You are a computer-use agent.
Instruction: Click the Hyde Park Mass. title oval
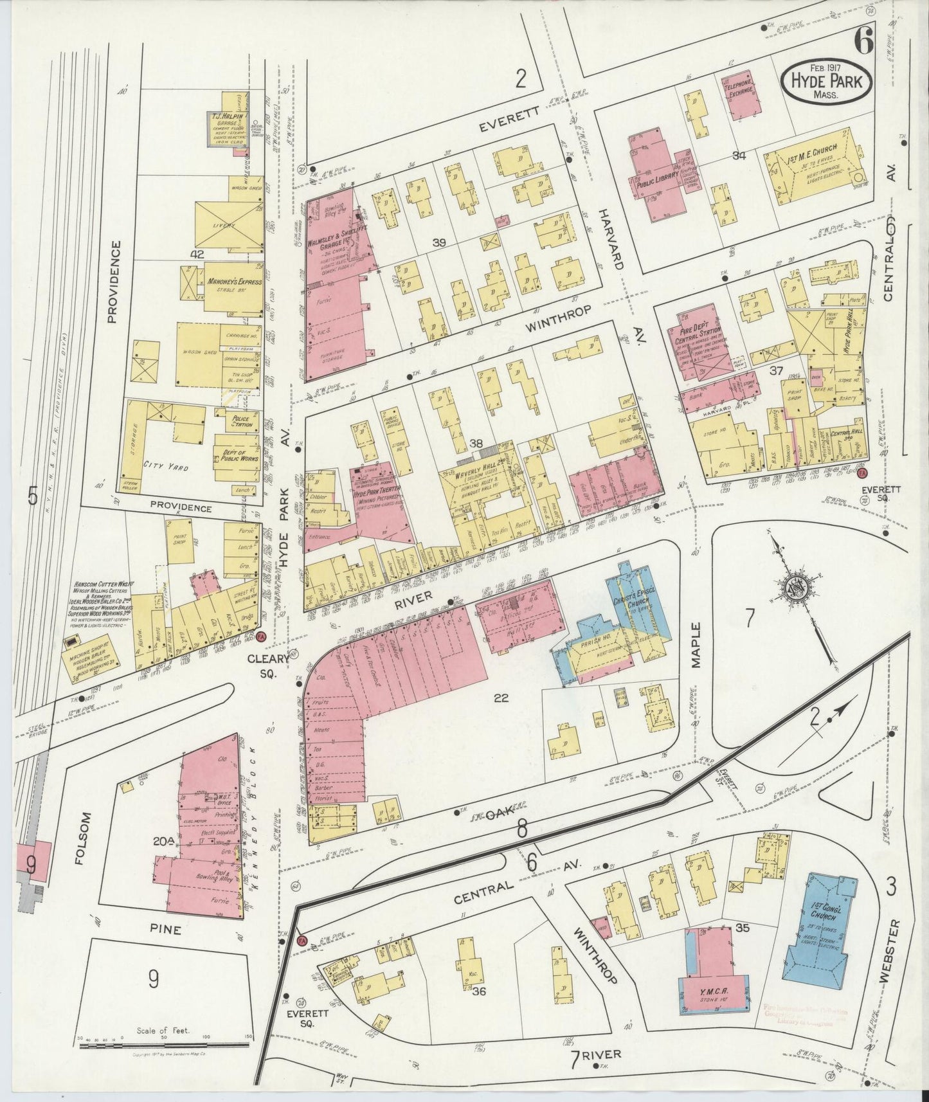(x=826, y=82)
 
